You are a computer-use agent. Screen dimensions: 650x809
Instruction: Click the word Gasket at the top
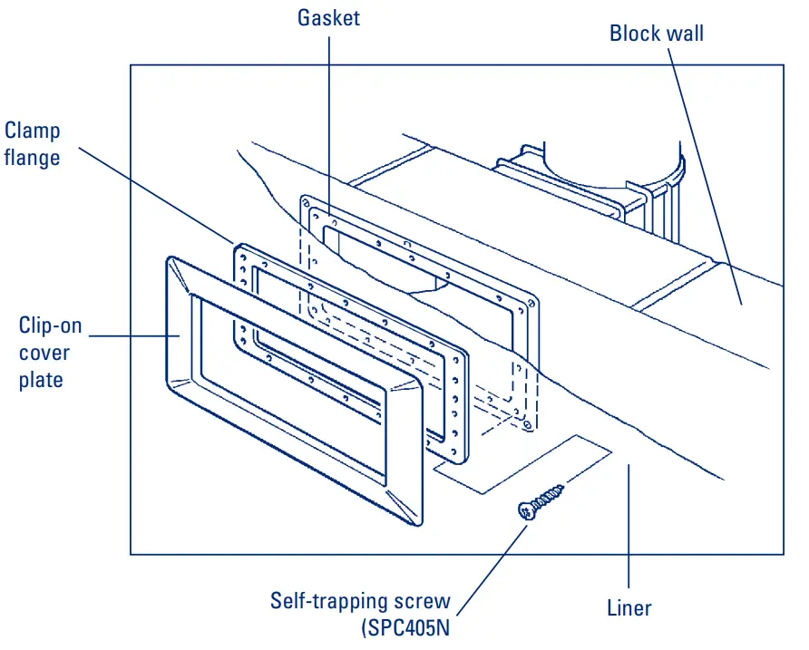tap(328, 17)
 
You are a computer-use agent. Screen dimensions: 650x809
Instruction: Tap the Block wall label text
tap(657, 34)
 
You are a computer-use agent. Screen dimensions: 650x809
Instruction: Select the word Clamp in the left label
tap(33, 131)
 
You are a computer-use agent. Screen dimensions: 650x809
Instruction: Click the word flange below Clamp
tap(32, 158)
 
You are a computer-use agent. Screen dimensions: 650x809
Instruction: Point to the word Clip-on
tap(46, 325)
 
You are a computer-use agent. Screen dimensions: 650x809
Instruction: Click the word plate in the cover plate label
tap(41, 380)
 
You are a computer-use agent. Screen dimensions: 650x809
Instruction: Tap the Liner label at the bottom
tap(629, 607)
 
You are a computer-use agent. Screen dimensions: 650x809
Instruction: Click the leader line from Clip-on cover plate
tap(136, 336)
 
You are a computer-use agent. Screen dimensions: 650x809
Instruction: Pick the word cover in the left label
tap(44, 353)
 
